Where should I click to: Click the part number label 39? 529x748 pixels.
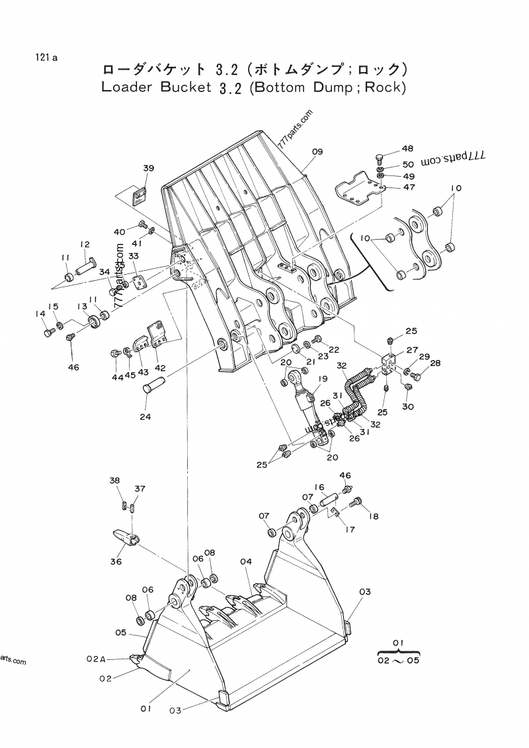148,169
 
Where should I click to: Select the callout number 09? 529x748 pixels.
317,152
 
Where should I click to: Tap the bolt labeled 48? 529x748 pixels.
380,158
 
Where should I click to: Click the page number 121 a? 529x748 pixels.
46,58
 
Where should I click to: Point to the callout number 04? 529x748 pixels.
246,562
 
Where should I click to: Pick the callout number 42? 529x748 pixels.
161,367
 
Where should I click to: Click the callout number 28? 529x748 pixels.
435,363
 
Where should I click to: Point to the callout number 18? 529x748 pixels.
374,516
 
